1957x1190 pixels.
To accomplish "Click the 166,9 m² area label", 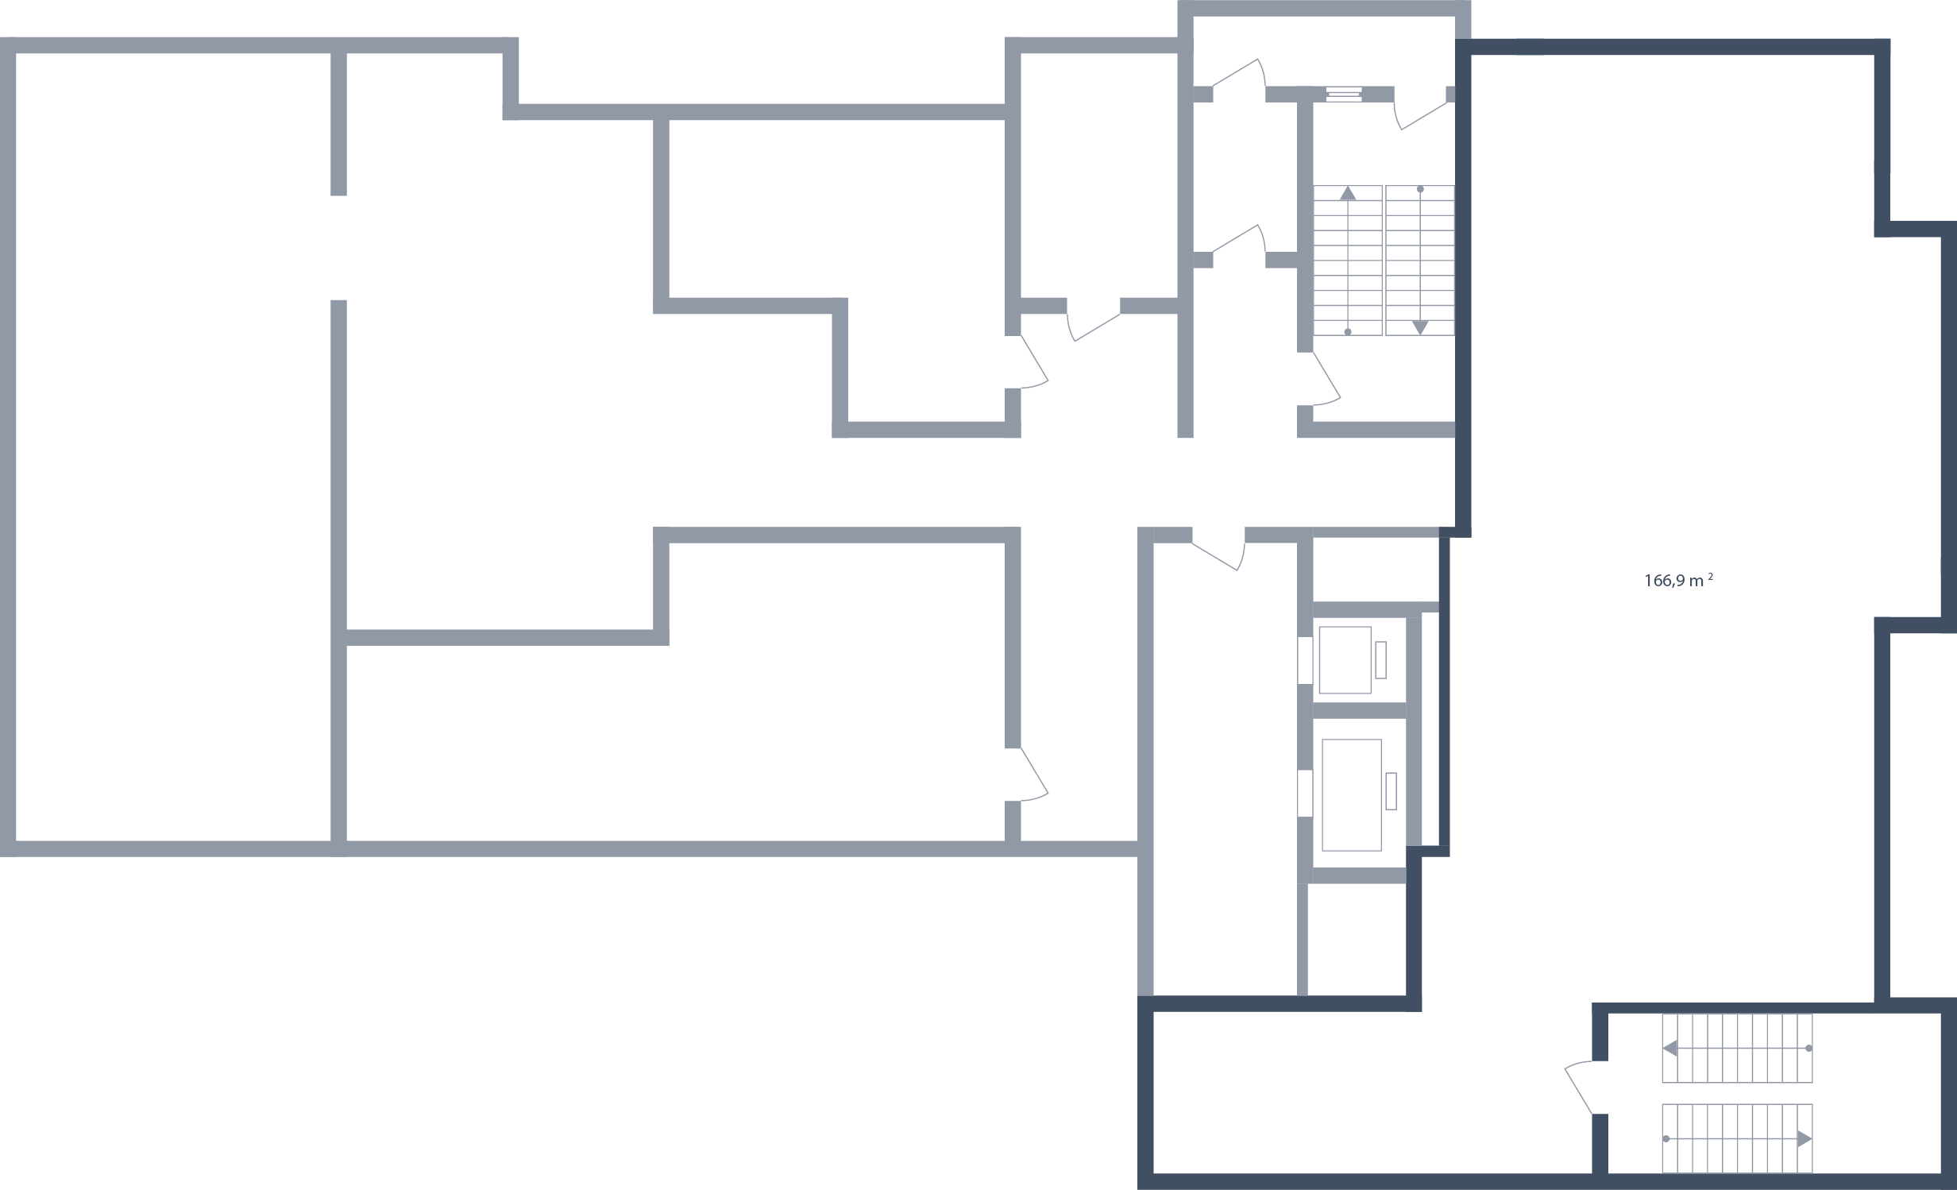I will (x=1678, y=581).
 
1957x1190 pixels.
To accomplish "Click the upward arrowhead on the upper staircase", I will (x=1348, y=192).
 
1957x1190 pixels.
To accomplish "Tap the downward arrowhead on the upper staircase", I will (x=1420, y=326).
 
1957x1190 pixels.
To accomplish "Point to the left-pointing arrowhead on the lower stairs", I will (x=1670, y=1049).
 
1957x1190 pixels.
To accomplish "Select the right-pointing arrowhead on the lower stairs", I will (x=1805, y=1138).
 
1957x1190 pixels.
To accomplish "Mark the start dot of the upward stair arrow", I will (x=1348, y=331).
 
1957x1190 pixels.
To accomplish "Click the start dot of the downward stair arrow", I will (x=1420, y=190).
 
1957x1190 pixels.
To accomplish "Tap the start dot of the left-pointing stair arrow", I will (x=1809, y=1049).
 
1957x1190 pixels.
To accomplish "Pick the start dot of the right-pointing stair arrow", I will (x=1666, y=1138).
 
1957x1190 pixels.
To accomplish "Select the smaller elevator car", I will (x=1345, y=660).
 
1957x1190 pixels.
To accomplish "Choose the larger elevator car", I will (x=1351, y=794).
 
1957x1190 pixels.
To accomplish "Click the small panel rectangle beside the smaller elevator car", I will (x=1380, y=660).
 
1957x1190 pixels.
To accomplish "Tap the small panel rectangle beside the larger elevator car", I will (x=1391, y=791).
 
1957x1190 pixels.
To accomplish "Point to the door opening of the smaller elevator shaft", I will (x=1304, y=660).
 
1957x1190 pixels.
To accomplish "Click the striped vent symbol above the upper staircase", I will (x=1343, y=94).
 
